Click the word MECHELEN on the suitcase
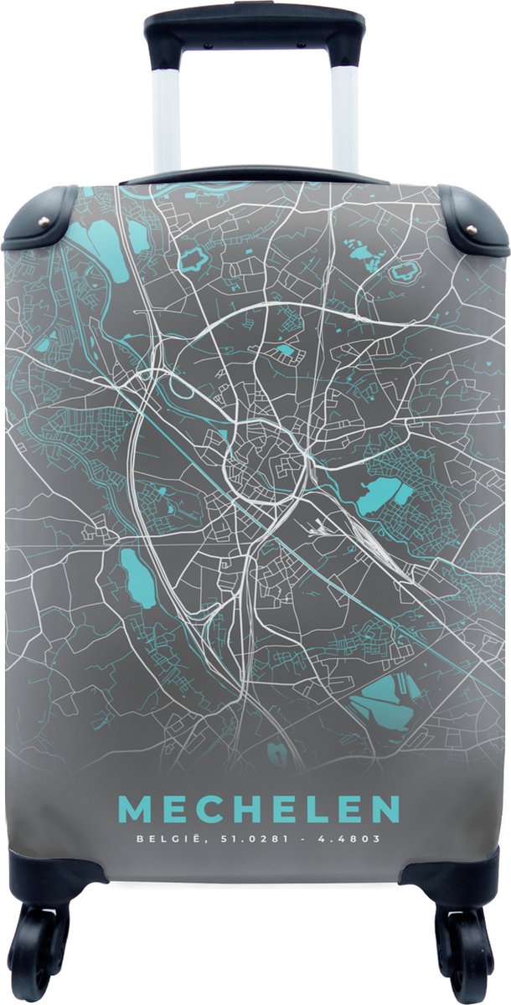(258, 810)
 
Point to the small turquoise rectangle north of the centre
(285, 350)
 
